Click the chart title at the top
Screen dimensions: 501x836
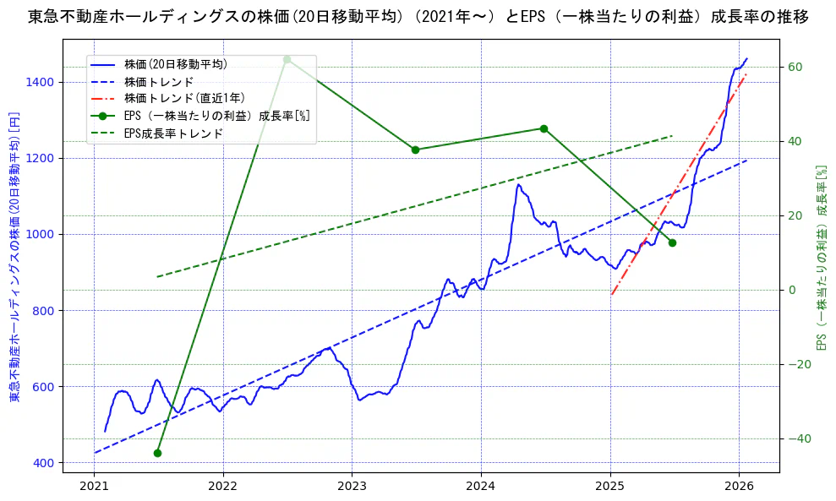[x=418, y=17]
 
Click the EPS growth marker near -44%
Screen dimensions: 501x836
[x=157, y=453]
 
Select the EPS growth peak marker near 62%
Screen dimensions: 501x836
[x=287, y=59]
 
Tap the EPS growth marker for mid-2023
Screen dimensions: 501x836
[x=415, y=150]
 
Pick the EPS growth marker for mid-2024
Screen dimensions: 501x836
[x=544, y=128]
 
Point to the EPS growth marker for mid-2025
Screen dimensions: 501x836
[x=672, y=242]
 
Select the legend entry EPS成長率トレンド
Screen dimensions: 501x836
[x=173, y=133]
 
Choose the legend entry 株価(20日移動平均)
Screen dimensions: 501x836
[x=175, y=63]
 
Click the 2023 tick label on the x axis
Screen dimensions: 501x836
[x=352, y=487]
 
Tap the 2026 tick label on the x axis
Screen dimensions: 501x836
[x=739, y=487]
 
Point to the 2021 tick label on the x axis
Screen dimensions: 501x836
[x=94, y=487]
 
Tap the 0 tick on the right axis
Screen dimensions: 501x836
[x=791, y=290]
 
